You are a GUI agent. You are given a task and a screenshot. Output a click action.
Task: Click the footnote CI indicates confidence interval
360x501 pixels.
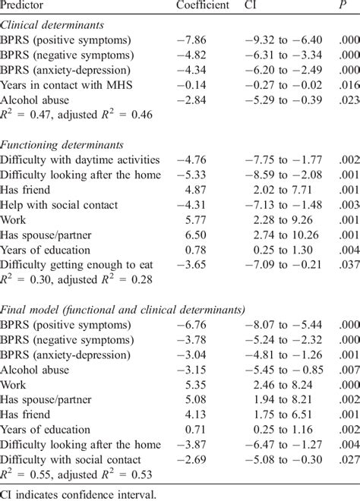tap(71, 495)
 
